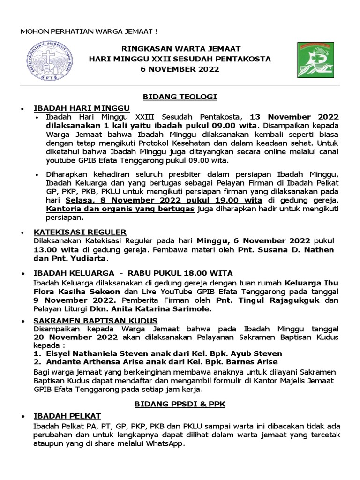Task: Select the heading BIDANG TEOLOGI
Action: (x=180, y=97)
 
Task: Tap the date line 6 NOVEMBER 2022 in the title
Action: (x=181, y=69)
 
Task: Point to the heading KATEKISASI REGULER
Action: (x=80, y=232)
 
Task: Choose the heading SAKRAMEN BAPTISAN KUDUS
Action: (x=95, y=320)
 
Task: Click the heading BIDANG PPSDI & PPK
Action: (x=180, y=404)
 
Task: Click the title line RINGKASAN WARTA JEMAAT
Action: (x=180, y=49)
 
